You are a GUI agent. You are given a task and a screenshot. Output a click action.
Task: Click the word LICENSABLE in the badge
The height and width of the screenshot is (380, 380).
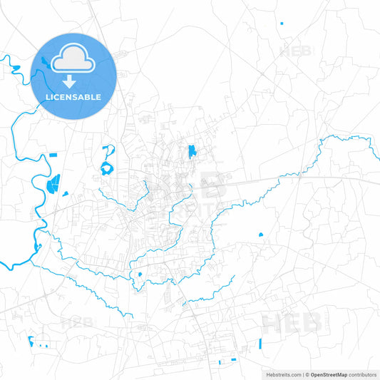[74, 97]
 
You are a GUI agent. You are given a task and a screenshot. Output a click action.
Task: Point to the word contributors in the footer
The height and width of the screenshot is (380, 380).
[363, 374]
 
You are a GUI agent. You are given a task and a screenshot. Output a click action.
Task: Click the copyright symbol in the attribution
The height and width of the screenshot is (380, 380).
[307, 374]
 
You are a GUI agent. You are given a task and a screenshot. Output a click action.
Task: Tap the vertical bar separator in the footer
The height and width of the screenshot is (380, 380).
[303, 374]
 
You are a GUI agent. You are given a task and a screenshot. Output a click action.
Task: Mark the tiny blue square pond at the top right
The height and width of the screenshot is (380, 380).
[282, 24]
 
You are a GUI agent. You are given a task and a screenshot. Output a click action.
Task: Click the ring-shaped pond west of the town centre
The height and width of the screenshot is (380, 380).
[107, 169]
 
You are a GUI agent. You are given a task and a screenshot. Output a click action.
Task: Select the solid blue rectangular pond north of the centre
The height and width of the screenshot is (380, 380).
[192, 151]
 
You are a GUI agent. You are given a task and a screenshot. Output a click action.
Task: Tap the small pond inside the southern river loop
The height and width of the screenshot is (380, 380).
[140, 274]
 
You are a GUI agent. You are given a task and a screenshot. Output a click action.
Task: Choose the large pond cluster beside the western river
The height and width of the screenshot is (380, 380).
[53, 185]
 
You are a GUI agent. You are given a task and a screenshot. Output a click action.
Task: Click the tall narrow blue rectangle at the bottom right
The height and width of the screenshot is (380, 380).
[261, 344]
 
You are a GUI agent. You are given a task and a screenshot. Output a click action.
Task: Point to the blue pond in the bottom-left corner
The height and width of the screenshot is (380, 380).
[31, 340]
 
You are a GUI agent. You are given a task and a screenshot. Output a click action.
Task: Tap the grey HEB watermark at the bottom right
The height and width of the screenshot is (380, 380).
[292, 323]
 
